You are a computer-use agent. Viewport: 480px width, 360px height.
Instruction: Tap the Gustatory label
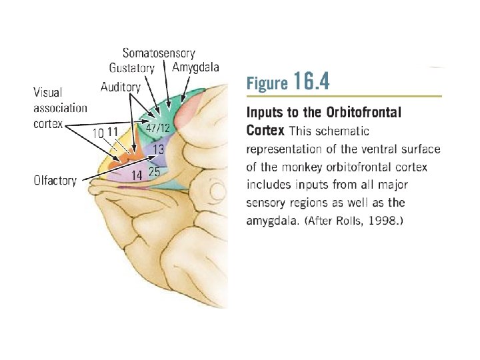point(132,67)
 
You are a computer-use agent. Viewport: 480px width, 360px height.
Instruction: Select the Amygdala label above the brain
point(195,67)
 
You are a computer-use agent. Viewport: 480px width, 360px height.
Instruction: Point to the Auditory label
point(121,87)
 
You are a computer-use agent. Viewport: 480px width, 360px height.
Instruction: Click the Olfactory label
point(55,179)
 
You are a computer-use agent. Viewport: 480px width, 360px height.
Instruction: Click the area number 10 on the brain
point(98,133)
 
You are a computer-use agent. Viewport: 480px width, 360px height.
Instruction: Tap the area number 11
point(113,132)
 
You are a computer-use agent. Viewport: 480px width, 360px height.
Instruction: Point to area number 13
point(159,149)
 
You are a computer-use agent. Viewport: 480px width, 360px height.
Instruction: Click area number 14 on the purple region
point(137,175)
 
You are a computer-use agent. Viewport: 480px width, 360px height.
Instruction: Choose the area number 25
point(154,172)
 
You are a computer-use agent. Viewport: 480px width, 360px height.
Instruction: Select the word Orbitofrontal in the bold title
point(364,113)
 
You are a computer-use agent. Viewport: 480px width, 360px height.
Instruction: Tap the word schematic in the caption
point(345,131)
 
